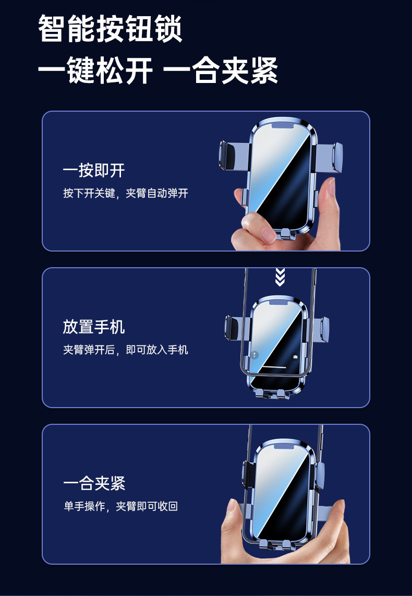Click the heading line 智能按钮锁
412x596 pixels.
[x=110, y=30]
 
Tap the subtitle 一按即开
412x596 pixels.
[x=94, y=170]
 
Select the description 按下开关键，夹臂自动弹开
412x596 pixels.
[x=125, y=194]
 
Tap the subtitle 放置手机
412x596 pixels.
[x=94, y=327]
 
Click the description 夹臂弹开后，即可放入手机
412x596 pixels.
[x=125, y=350]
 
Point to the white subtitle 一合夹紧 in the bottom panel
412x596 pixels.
[x=94, y=483]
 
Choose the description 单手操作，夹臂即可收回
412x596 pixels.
[x=120, y=506]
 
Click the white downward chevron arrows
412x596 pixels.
[x=280, y=277]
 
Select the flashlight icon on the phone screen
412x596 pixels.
[x=255, y=355]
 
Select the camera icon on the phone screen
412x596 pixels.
[x=295, y=356]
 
